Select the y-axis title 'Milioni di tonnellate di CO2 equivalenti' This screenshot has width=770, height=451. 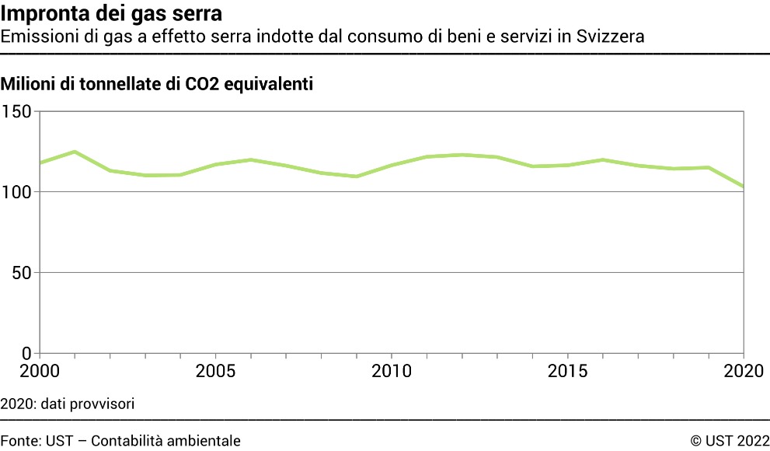[158, 85]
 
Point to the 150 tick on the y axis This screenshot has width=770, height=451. [18, 112]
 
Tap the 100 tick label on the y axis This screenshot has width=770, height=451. [18, 192]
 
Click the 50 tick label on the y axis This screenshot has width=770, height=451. [23, 273]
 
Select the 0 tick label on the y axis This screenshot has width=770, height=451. [27, 354]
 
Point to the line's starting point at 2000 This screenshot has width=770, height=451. [40, 163]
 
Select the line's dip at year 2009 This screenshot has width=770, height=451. [357, 177]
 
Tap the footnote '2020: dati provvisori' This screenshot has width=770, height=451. [68, 404]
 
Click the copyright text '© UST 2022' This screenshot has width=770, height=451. [730, 441]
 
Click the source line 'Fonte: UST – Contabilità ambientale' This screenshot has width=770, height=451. [120, 441]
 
